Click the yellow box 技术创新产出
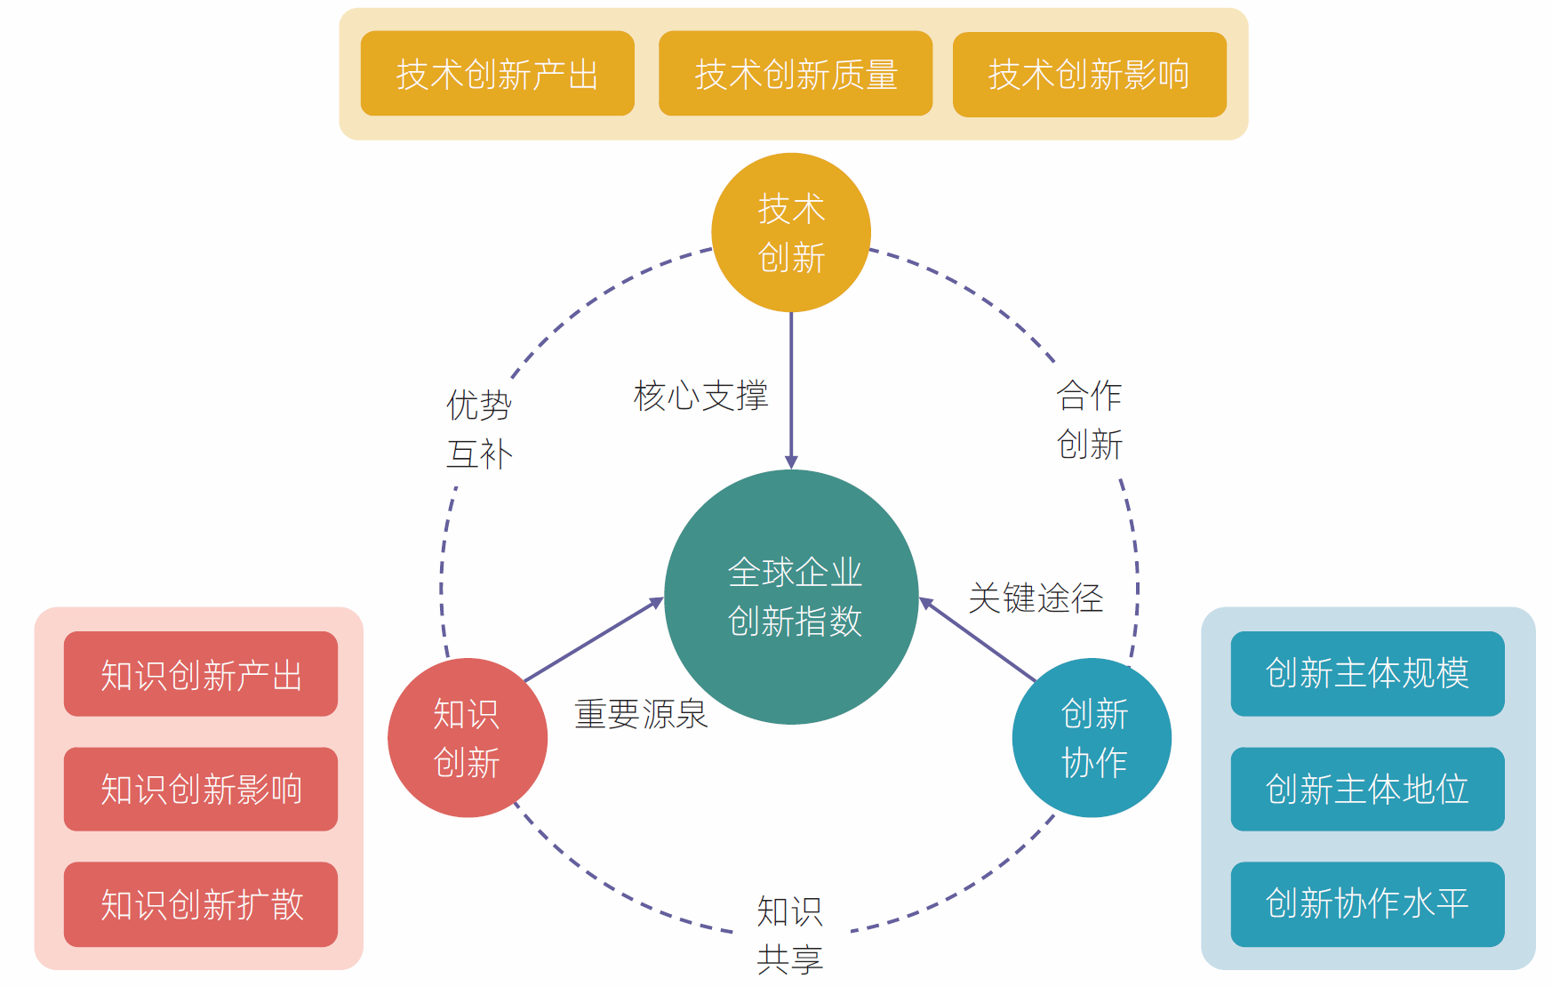497,74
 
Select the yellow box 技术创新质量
796,74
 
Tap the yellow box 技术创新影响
1089,75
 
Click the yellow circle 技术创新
791,233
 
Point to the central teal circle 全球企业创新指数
792,597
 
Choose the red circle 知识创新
468,738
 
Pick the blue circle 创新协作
1092,738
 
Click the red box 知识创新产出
201,674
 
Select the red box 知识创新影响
201,790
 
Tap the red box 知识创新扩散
201,904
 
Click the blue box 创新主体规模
1367,674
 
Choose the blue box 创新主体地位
1367,790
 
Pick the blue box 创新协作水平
1367,904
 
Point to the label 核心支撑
700,396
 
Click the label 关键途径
1036,598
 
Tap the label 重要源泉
641,714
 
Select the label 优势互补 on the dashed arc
479,429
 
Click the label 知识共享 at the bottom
790,935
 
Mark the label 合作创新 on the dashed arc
1090,420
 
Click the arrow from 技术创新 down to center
791,391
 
